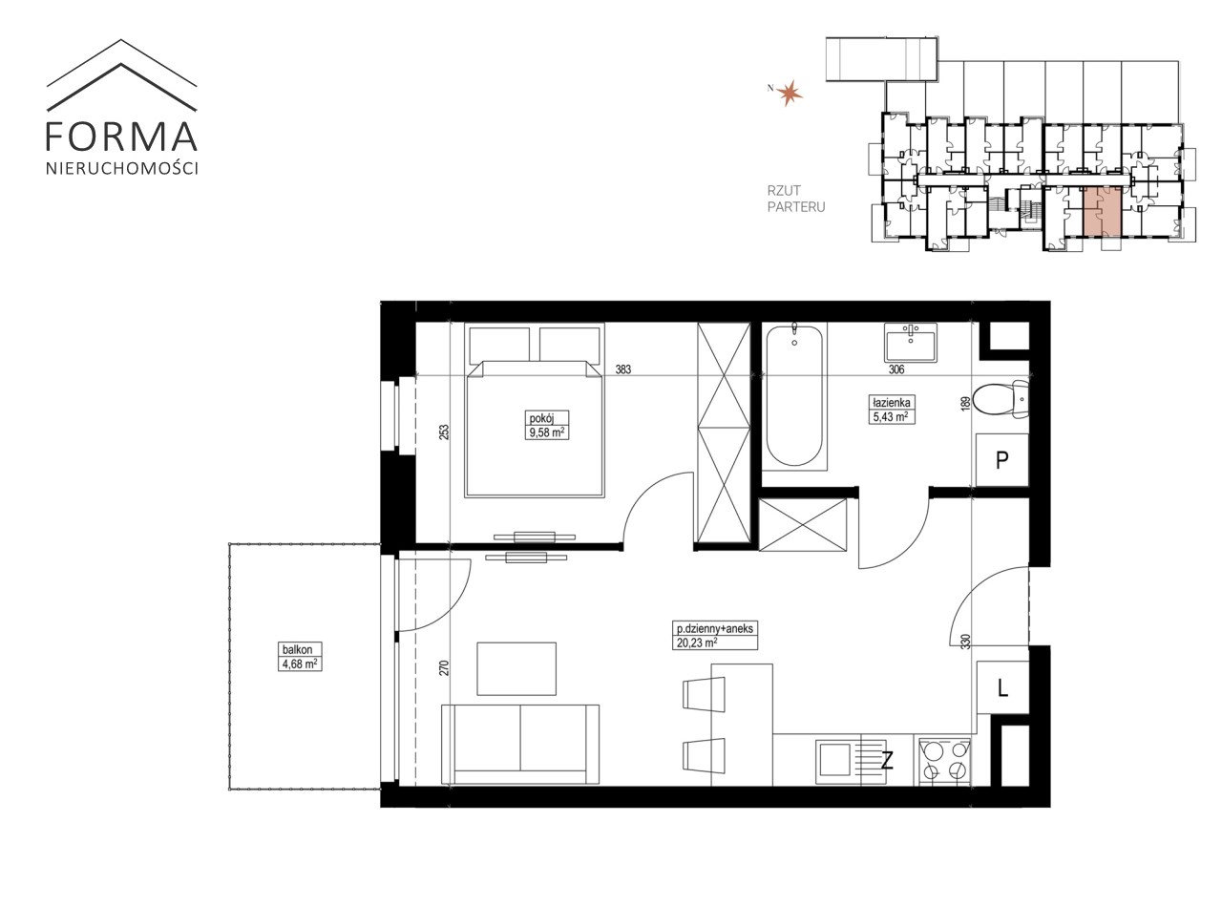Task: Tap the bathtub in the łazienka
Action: [794, 396]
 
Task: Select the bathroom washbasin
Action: [911, 342]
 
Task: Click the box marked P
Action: [1002, 459]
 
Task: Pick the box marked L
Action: [1002, 687]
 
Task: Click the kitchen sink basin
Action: [836, 761]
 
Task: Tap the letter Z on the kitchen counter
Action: [887, 761]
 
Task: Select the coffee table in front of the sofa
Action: [516, 668]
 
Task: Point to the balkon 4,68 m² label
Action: [300, 657]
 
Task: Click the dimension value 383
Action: [623, 369]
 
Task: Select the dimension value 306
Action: [896, 369]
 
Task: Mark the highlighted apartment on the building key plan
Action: [1102, 211]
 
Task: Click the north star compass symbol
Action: [790, 93]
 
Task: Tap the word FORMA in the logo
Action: [121, 137]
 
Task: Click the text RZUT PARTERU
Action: [796, 199]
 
